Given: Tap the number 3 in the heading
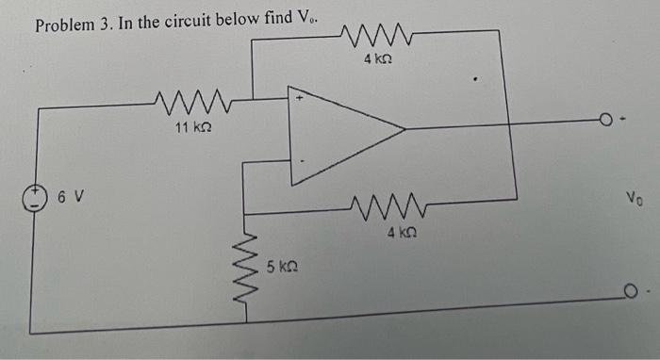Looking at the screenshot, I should click(106, 25).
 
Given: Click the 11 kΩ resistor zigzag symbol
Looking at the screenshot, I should click(193, 99).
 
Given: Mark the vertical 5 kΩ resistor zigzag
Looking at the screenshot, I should click(249, 269).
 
